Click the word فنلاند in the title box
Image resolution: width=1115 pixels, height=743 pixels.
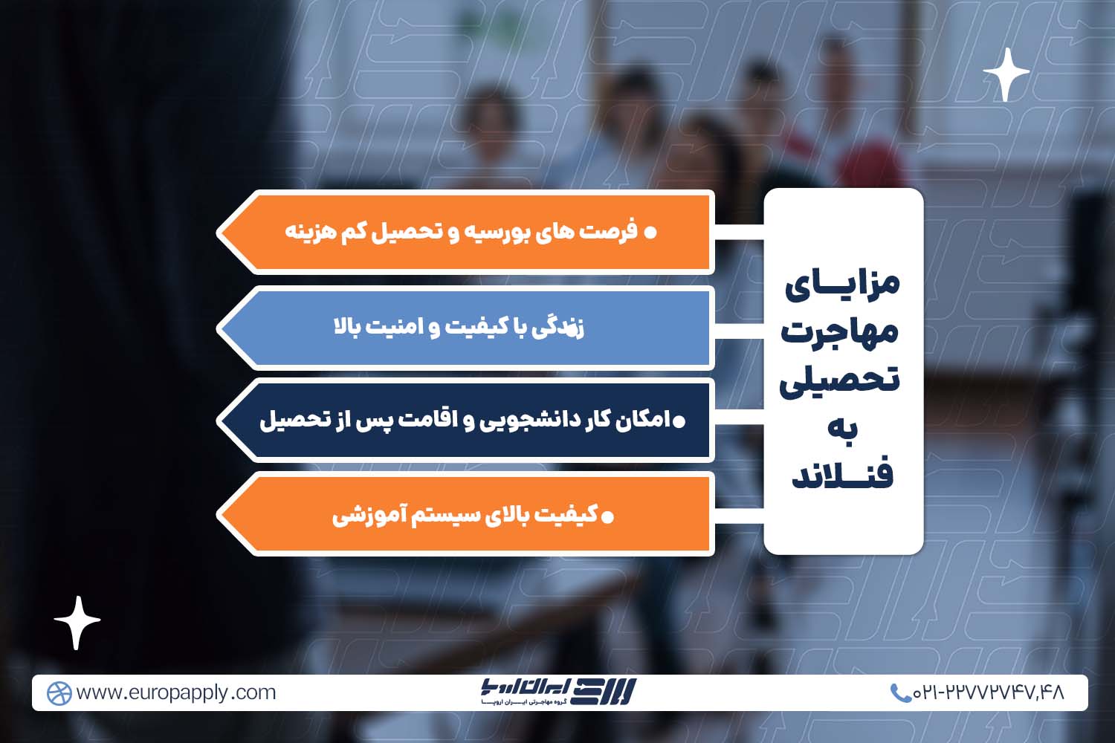coord(842,475)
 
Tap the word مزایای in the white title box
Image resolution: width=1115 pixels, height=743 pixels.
coord(842,284)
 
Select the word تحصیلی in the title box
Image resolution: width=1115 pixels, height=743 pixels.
coord(840,380)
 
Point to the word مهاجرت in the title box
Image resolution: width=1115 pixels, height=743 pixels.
coord(840,331)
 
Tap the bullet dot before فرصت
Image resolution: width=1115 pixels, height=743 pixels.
coord(650,233)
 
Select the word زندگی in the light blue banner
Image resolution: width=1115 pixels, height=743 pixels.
coord(558,327)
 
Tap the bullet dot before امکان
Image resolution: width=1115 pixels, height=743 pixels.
coord(679,422)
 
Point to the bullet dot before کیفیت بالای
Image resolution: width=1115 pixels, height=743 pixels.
coord(607,516)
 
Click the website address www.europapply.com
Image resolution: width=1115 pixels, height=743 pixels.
coord(176,692)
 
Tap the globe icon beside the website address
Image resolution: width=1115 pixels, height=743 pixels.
coord(59,693)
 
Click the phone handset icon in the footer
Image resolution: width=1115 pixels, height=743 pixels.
coord(900,693)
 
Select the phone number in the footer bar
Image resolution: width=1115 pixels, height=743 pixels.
coord(989,692)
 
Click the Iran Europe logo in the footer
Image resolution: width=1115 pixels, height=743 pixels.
coord(557,692)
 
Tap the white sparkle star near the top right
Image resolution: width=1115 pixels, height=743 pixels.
coord(1006,74)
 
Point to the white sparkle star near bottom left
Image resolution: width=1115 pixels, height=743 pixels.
coord(77,622)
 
